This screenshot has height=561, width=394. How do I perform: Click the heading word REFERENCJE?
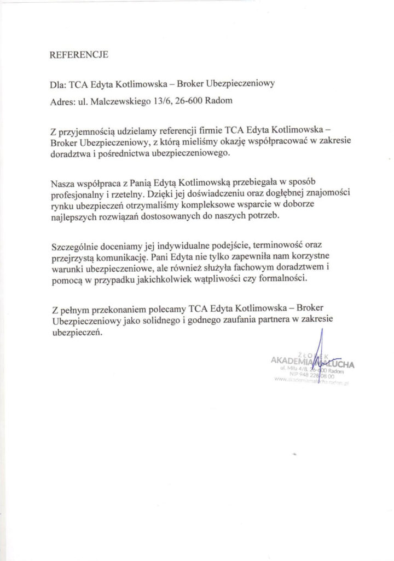[x=79, y=55]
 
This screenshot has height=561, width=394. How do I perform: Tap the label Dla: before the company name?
[x=57, y=85]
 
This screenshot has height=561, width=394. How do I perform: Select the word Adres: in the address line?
[x=61, y=101]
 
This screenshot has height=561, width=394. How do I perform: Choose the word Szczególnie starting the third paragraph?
[x=74, y=245]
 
